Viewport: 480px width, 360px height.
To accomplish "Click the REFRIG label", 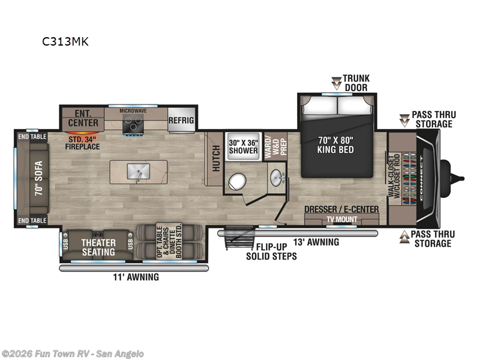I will click(x=181, y=120).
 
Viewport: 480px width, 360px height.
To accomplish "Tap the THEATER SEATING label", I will click(x=98, y=247).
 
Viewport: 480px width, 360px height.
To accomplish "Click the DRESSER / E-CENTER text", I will click(x=341, y=209).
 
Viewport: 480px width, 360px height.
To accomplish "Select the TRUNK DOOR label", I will click(x=356, y=83).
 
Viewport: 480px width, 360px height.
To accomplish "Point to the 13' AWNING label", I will click(x=316, y=242).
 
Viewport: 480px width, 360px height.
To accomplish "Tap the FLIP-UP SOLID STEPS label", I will click(x=271, y=251).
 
